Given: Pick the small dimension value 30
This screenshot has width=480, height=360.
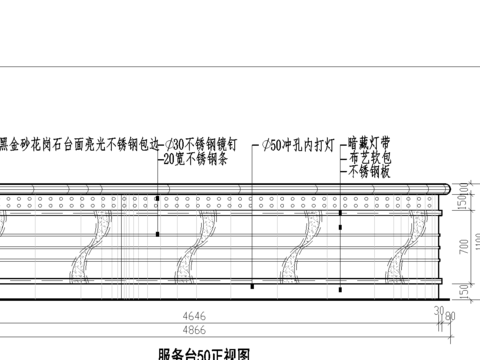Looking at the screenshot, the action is click(x=438, y=309).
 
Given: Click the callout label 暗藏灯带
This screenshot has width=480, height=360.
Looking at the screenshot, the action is click(x=372, y=143).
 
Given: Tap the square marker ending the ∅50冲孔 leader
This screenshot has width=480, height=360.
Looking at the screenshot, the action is click(x=252, y=287).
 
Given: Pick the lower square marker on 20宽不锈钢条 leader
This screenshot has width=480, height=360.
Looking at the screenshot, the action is click(x=157, y=234).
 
